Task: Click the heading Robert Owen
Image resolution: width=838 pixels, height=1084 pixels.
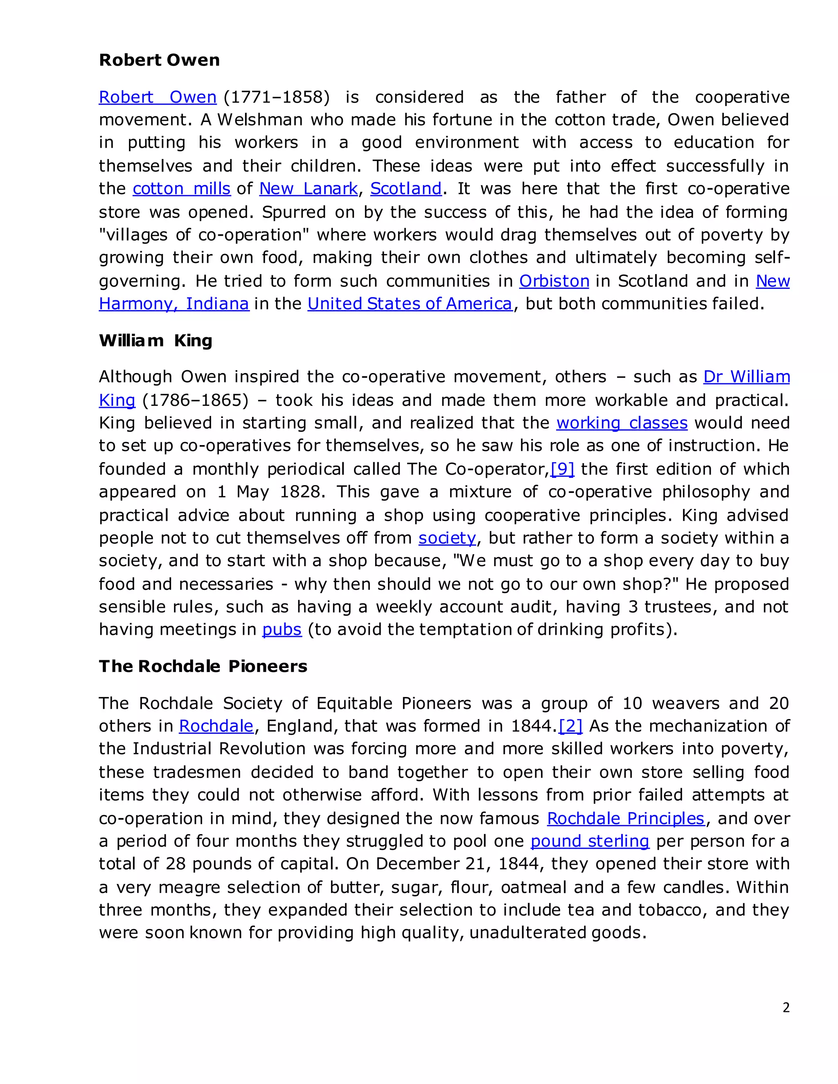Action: [159, 60]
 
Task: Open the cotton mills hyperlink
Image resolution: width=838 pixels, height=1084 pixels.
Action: [181, 189]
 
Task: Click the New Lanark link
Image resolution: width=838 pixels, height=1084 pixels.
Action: [308, 189]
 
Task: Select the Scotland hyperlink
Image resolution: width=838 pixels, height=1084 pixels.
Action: [405, 189]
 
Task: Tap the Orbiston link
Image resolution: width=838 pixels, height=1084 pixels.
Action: [554, 281]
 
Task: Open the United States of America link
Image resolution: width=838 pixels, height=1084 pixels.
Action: [410, 304]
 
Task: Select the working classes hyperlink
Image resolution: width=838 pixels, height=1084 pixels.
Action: [622, 423]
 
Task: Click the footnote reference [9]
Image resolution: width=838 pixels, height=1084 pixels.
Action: [563, 469]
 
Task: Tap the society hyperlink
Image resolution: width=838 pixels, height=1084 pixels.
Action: [447, 538]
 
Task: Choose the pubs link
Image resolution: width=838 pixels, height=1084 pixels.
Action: [282, 630]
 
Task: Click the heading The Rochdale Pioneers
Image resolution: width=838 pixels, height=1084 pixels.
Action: [203, 666]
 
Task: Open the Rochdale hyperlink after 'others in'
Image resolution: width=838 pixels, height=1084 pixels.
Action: [216, 726]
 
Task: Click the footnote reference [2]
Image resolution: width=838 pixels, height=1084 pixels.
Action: [570, 726]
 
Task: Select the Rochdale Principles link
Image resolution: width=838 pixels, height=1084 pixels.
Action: [626, 819]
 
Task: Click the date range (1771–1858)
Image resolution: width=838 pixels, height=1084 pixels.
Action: [277, 97]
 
